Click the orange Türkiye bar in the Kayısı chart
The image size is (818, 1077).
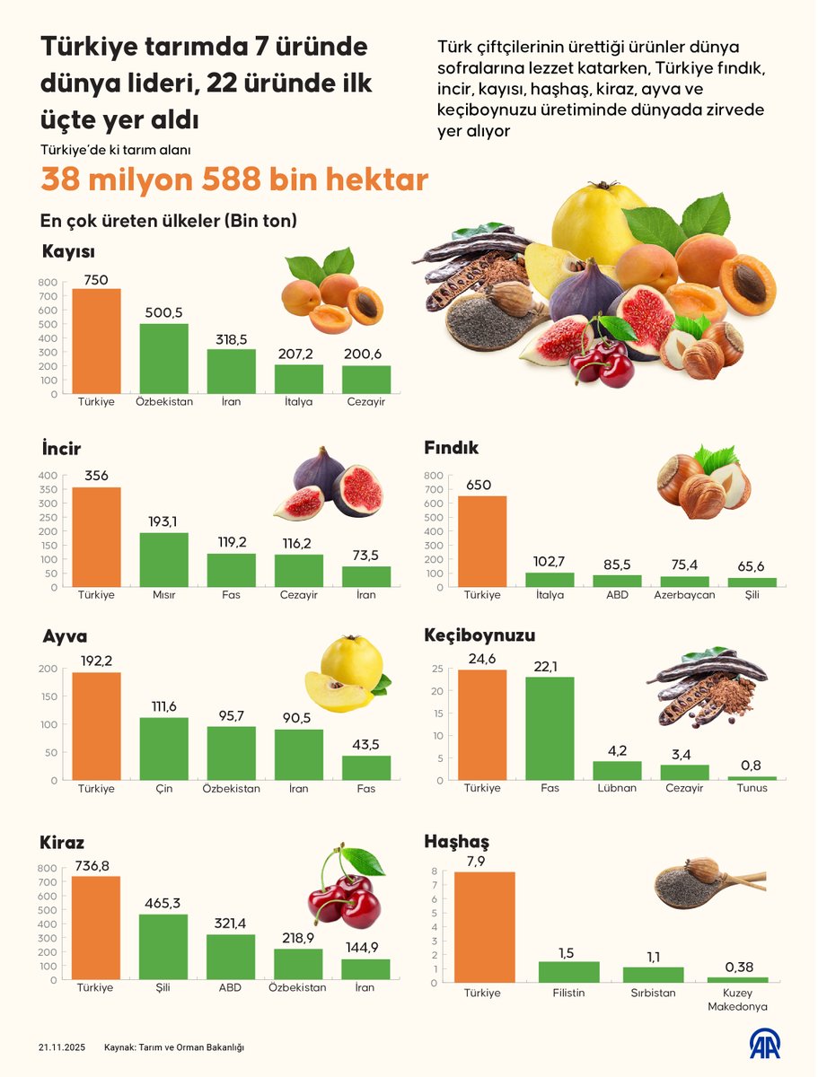coord(96,341)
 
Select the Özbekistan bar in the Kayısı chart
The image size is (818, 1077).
coord(163,358)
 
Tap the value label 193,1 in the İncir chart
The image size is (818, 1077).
coord(163,521)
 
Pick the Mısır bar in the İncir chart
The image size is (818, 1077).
coord(163,560)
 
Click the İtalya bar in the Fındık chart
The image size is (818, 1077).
coord(550,580)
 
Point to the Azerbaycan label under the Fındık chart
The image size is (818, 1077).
coord(684,595)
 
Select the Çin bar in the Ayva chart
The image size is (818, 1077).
coord(163,749)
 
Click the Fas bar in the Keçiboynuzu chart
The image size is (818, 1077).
coord(550,728)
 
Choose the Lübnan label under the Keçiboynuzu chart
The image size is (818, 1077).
coord(617,788)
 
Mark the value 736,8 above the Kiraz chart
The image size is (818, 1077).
coord(96,863)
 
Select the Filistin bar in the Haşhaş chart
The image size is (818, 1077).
coord(568,972)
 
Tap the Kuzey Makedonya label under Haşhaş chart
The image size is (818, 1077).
coord(737,1000)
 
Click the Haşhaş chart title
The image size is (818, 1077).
coord(456,842)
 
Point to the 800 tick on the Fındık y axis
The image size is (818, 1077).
coord(434,476)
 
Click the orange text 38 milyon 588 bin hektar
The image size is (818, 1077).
coord(233,180)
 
